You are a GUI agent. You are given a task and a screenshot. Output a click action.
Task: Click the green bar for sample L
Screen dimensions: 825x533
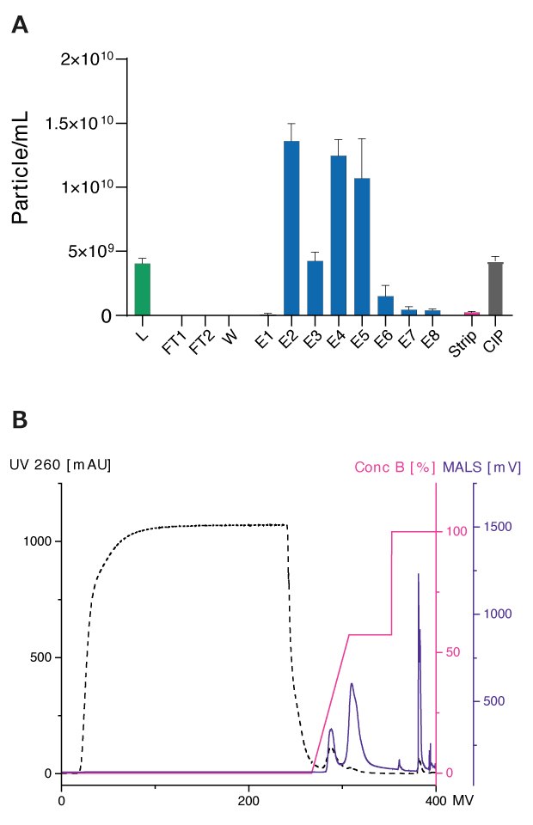(x=143, y=290)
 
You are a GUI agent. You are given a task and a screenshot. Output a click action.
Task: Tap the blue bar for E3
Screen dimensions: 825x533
(x=315, y=288)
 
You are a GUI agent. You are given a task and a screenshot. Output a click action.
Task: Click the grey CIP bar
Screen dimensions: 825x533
(x=495, y=289)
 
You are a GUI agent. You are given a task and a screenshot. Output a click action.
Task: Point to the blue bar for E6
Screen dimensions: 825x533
(x=385, y=306)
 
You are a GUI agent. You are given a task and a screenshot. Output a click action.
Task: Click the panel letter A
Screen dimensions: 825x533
(x=20, y=25)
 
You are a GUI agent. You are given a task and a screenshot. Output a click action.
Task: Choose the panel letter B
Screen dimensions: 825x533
(x=20, y=421)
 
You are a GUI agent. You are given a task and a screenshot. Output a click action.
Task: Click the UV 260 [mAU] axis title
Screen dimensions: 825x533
(x=60, y=465)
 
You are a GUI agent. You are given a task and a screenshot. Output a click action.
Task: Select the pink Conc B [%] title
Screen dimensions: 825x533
(x=395, y=467)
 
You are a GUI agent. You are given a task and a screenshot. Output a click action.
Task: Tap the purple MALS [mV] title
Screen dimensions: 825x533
(x=483, y=467)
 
